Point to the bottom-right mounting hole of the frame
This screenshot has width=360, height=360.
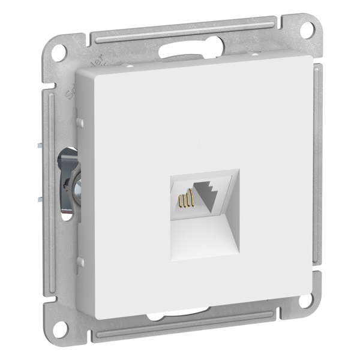coord(307,300)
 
